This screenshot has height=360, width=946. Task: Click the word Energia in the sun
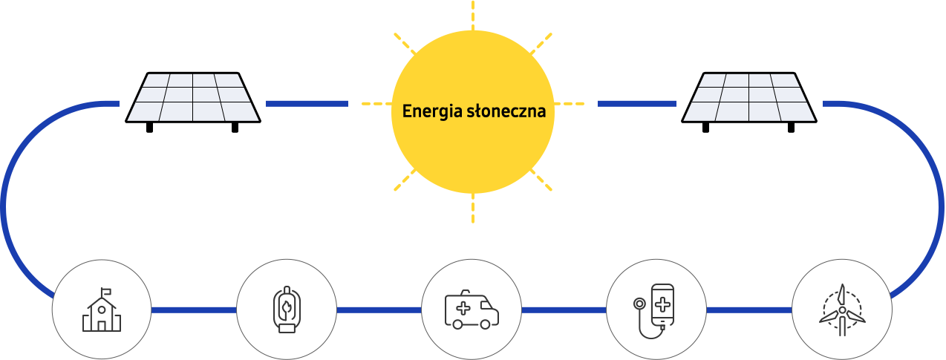(432, 112)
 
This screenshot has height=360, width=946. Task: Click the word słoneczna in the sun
(506, 111)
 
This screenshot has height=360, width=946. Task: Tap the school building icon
(101, 310)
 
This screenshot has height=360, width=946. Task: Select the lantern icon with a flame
(287, 310)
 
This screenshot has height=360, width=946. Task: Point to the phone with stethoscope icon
(653, 311)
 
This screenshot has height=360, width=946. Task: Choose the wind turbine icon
(842, 310)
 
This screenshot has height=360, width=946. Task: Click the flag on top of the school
(106, 291)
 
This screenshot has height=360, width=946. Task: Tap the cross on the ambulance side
(463, 308)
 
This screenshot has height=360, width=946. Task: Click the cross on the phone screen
(662, 305)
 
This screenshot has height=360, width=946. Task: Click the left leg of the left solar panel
(149, 128)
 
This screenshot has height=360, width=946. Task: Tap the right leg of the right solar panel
(791, 128)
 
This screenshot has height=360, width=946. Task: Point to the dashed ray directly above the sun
(472, 15)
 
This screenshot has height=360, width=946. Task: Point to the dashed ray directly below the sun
(472, 208)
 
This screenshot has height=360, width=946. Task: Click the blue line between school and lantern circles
(194, 310)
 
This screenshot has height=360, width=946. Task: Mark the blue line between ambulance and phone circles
(564, 310)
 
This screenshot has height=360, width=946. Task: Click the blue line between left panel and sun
(307, 104)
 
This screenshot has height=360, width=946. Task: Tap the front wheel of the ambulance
(485, 324)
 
